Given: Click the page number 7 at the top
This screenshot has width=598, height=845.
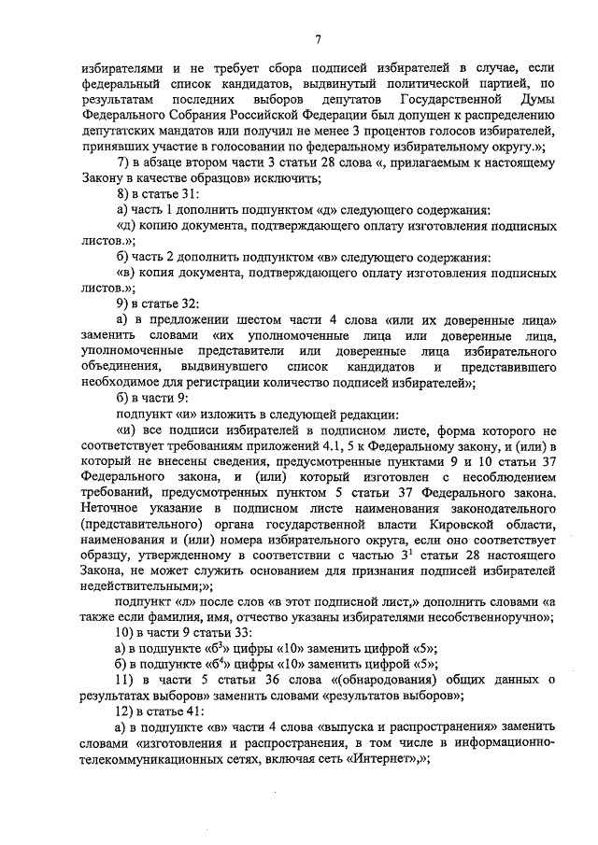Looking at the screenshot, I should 318,38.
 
